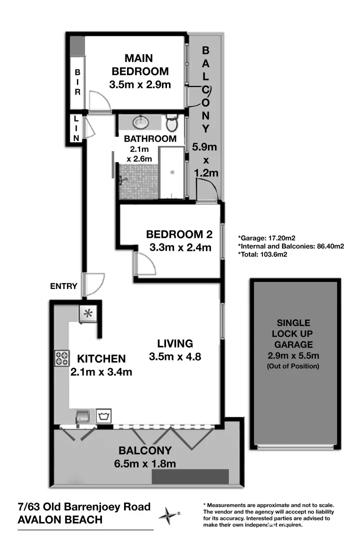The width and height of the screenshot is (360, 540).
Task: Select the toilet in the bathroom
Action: click(x=172, y=122)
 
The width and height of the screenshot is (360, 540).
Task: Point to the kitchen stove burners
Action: click(x=62, y=358)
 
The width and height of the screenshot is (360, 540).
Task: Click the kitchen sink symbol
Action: click(x=82, y=415)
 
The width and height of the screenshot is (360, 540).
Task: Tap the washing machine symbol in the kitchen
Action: click(x=104, y=415)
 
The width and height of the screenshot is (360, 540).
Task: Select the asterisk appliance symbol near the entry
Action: click(x=89, y=314)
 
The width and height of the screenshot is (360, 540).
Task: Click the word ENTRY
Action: click(x=63, y=286)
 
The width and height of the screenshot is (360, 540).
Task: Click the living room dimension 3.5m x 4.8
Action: click(x=175, y=357)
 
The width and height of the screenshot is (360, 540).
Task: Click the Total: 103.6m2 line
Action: click(x=262, y=254)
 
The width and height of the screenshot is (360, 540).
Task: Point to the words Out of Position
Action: click(x=293, y=366)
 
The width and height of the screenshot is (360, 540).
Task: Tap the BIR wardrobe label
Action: click(x=77, y=82)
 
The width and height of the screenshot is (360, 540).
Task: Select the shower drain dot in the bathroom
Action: click(x=172, y=171)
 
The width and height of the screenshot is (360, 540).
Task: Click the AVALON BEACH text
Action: click(x=60, y=520)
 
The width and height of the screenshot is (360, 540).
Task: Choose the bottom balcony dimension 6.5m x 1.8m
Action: click(x=145, y=463)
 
